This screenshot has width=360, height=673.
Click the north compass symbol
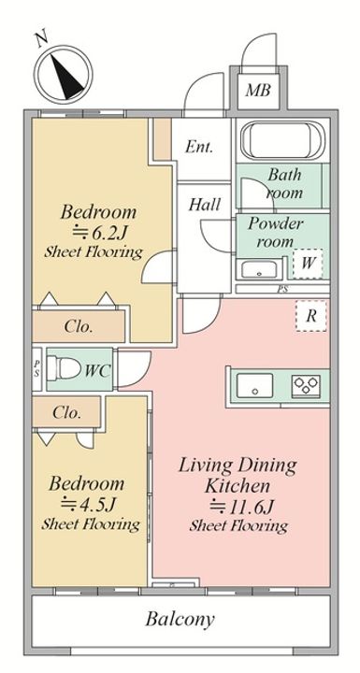64,73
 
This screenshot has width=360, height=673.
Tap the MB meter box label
258,90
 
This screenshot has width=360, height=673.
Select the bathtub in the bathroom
282,139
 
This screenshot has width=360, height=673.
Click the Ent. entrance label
199,148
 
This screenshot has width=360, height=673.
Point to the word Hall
205,205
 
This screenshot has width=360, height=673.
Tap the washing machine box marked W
308,263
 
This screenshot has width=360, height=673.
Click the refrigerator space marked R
311,316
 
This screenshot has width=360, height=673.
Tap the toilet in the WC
64,368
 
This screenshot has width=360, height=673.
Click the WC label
98,370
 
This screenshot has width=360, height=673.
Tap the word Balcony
180,620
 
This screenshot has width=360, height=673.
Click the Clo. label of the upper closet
79,326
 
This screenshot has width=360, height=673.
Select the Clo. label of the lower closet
67,413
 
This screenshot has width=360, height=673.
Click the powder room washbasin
258,270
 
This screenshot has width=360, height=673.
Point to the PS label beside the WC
37,369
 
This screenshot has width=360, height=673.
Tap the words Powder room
275,232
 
